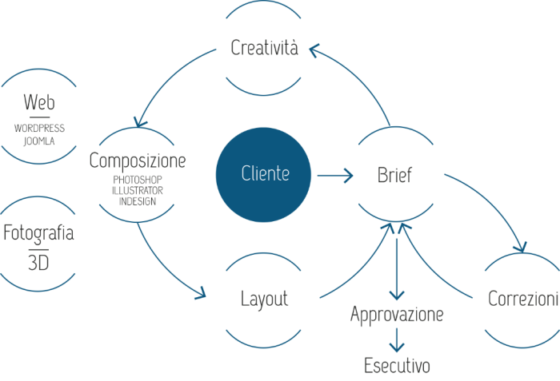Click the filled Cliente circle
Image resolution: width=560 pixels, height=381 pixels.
264,173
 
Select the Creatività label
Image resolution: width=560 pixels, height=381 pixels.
264,48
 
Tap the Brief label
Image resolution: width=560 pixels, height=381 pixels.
394,174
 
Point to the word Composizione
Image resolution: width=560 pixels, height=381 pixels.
138,161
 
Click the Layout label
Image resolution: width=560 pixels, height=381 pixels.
264,300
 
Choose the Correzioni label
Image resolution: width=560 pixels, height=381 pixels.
522,300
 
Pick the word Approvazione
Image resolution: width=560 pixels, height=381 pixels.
397,315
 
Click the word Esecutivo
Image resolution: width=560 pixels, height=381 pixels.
397,367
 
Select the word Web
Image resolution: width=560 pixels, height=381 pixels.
39,102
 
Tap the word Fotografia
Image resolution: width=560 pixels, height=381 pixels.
39,233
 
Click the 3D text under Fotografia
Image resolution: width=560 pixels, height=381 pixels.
38,262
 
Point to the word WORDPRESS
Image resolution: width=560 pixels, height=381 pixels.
39,128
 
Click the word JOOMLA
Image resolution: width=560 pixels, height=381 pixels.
39,141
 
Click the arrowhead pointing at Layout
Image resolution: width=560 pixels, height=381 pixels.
201,295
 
